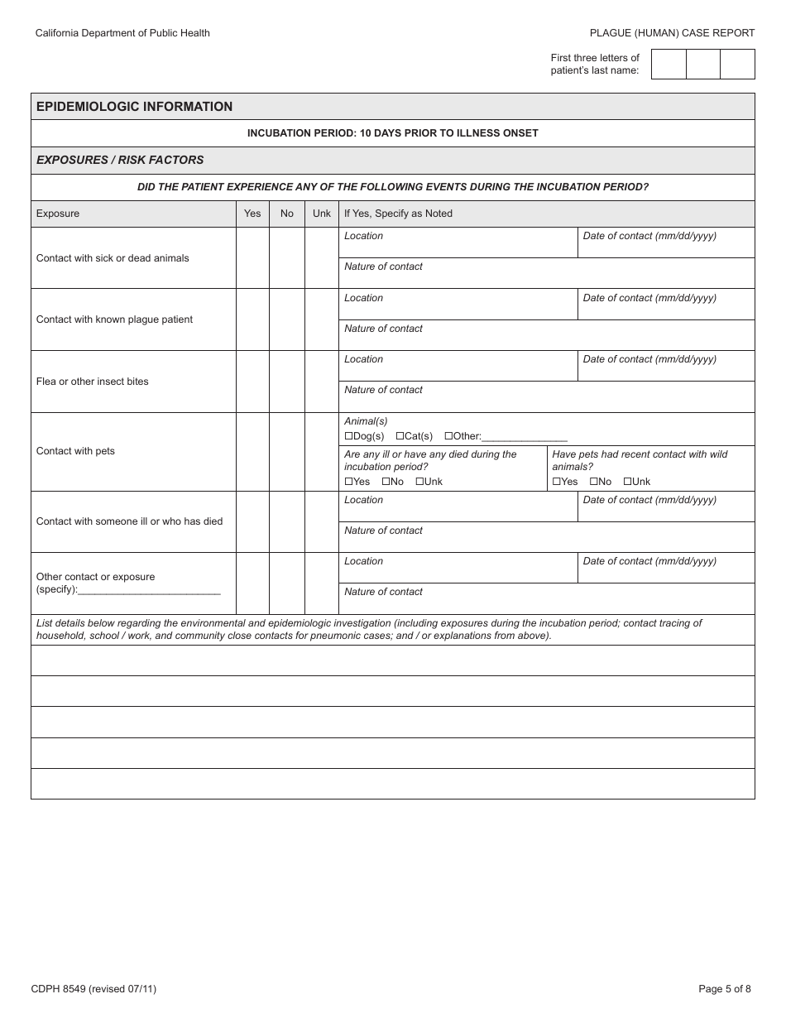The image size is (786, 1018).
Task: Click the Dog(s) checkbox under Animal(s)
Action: pyautogui.click(x=348, y=436)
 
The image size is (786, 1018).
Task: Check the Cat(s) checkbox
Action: pyautogui.click(x=400, y=436)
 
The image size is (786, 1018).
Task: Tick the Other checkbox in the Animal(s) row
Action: pyautogui.click(x=448, y=436)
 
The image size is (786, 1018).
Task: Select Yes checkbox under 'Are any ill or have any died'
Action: pyautogui.click(x=348, y=482)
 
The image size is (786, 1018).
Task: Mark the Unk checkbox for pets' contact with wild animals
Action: pyautogui.click(x=627, y=482)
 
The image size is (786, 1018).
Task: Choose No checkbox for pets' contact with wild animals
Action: pyautogui.click(x=593, y=482)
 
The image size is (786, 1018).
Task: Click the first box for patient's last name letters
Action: pyautogui.click(x=669, y=64)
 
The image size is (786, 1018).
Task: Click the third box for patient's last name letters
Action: pyautogui.click(x=737, y=64)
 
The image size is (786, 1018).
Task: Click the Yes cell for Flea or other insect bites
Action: pyautogui.click(x=252, y=382)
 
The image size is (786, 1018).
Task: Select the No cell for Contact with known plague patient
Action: pyautogui.click(x=287, y=319)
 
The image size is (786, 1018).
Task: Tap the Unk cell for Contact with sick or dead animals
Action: pyautogui.click(x=322, y=258)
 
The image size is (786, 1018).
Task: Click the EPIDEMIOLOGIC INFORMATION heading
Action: pyautogui.click(x=135, y=107)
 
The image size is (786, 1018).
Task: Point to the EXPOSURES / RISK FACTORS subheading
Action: pyautogui.click(x=120, y=160)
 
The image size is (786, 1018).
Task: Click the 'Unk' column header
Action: pyautogui.click(x=322, y=214)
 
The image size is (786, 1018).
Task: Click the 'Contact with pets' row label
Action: pyautogui.click(x=75, y=451)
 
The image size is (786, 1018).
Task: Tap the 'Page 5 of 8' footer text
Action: pyautogui.click(x=725, y=988)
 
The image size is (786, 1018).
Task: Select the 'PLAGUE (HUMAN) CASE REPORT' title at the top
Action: pyautogui.click(x=672, y=33)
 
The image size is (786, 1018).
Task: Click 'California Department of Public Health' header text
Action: pyautogui.click(x=122, y=33)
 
